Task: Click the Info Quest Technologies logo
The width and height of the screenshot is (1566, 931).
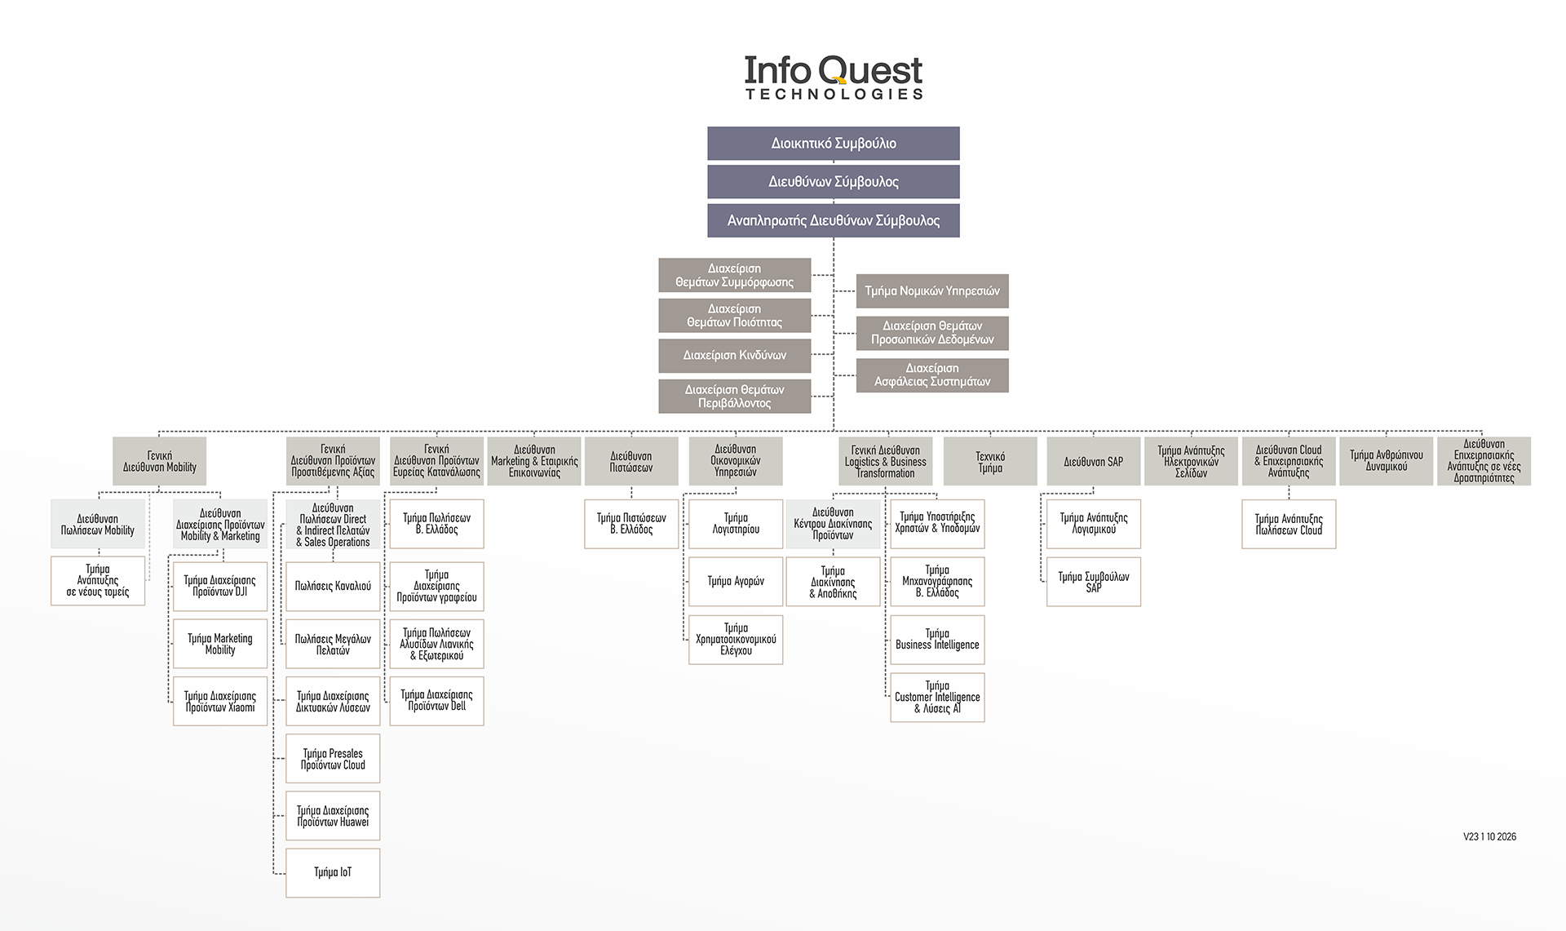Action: coord(834,77)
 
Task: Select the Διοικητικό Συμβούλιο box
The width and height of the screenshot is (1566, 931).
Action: coord(834,144)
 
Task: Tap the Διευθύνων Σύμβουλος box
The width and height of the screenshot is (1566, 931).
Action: coord(834,182)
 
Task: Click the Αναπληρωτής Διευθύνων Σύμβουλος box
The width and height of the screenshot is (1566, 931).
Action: coord(834,220)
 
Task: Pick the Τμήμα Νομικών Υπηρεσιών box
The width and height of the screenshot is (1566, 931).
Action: coord(932,290)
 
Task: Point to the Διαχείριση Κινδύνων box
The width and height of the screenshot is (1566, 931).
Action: coord(735,356)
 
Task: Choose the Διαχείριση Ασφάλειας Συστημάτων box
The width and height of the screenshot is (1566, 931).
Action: coord(932,375)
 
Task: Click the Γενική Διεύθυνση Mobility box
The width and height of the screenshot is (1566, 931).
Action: coord(160,462)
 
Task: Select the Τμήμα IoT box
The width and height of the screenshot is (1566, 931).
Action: coord(333,873)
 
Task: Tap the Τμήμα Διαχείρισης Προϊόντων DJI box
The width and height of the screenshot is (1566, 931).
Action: coord(220,587)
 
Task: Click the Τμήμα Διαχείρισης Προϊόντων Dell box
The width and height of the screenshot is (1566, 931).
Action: coord(437,701)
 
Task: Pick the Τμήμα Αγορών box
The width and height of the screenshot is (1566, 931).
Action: coord(736,582)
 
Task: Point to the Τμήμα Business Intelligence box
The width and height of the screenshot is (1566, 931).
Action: coord(938,640)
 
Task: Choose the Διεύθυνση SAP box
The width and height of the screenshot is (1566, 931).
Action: coord(1094,462)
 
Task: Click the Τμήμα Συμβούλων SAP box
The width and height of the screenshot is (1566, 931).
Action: coord(1094,582)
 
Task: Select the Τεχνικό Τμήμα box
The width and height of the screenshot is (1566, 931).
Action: coord(990,462)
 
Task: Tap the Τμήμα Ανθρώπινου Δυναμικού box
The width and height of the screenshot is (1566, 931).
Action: coord(1387,462)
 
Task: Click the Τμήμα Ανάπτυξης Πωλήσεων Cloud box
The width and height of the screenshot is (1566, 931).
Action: coord(1289,525)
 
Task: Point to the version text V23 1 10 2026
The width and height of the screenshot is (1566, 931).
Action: coord(1489,837)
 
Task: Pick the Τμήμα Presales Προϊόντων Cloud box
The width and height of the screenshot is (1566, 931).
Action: coord(333,759)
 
